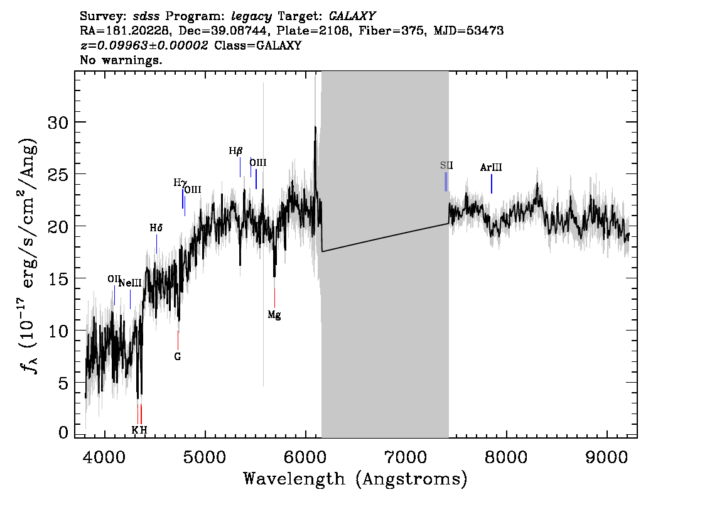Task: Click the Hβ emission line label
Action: tap(235, 151)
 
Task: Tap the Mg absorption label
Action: tap(274, 314)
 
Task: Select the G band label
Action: tap(178, 357)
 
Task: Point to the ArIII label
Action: tap(491, 167)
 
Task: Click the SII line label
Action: tap(446, 165)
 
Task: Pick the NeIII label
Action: tap(130, 283)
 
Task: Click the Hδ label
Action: tap(156, 227)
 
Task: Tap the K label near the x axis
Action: tap(135, 430)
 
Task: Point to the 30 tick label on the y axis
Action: tap(58, 123)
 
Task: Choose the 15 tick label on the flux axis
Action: tap(58, 278)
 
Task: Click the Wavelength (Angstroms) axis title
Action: tap(355, 479)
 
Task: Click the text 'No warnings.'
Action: tap(121, 60)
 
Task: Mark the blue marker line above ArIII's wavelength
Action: tap(492, 183)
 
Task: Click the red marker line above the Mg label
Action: tap(274, 298)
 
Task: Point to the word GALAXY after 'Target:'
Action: tap(352, 16)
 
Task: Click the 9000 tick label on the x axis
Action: tap(606, 457)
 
